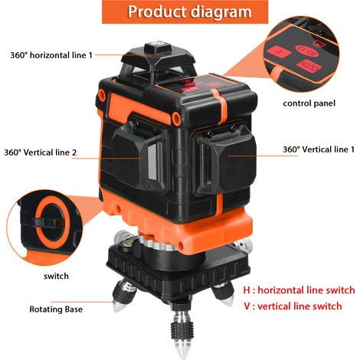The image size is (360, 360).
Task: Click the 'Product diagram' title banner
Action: pos(185,11)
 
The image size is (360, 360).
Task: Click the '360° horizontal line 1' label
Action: pos(51,55)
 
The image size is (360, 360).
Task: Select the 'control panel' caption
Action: pos(309,103)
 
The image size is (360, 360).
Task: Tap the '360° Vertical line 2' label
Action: pos(41,152)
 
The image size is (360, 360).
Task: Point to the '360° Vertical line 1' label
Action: pos(319,149)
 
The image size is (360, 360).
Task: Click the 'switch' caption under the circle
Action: pos(56,276)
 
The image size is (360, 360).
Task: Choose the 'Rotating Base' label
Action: pos(56,309)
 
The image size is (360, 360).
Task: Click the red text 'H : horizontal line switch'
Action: pos(299,290)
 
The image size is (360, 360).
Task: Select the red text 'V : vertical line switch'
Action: pos(293,306)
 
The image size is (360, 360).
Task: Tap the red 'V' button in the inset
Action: pos(279,52)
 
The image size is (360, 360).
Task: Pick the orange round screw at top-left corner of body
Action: pos(102,94)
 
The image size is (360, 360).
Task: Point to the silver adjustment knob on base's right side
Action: pos(244,246)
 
